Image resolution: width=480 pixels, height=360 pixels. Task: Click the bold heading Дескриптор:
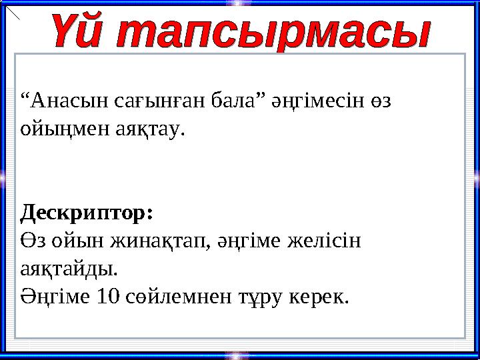[87, 213]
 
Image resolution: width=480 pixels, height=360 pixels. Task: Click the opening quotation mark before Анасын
[25, 97]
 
